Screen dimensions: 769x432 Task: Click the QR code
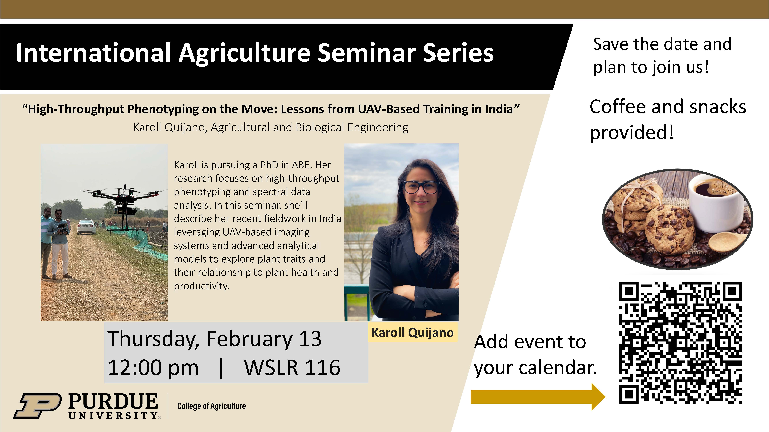[681, 343]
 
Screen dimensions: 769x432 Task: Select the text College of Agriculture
[211, 406]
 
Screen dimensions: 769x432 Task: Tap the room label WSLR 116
[292, 367]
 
